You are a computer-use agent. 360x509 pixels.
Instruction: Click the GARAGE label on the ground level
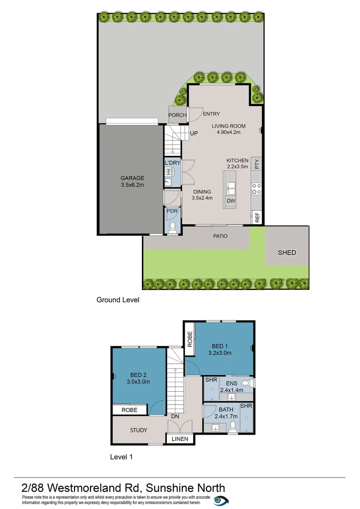tap(132, 178)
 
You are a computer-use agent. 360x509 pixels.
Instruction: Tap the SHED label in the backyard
tap(286, 253)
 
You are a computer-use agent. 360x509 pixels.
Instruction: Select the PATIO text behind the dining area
tap(220, 236)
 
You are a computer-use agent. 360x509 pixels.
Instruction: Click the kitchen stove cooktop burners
tap(257, 189)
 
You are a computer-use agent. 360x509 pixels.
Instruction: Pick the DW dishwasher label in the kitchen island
tap(231, 201)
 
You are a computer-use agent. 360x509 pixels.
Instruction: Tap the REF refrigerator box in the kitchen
tap(257, 217)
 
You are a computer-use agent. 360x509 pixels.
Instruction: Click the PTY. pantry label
tap(257, 164)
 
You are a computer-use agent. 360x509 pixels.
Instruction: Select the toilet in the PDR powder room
tap(172, 228)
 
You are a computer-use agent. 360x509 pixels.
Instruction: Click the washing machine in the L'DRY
tap(168, 172)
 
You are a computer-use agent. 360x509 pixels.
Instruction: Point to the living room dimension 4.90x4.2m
tap(226, 132)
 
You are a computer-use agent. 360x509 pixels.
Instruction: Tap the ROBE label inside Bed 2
tap(129, 410)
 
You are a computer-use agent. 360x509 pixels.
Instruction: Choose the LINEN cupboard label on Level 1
tap(180, 439)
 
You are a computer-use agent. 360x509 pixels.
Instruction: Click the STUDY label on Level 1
tap(139, 430)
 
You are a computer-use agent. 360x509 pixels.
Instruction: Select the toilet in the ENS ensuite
tap(245, 383)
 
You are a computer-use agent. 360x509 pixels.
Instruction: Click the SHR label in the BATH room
tap(246, 406)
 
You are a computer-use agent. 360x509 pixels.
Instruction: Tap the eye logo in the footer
tap(220, 501)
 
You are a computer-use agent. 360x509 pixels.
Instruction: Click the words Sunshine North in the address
tap(186, 488)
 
